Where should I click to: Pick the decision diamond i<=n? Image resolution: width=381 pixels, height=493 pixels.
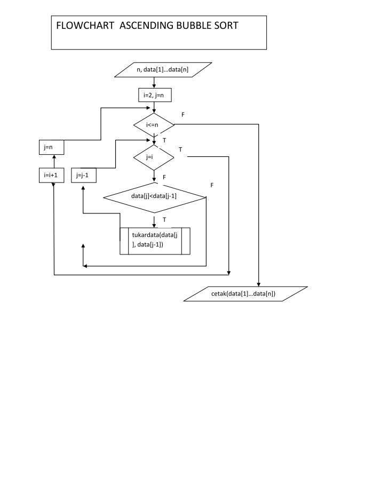click(x=154, y=125)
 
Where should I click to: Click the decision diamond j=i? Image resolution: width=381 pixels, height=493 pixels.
click(x=154, y=157)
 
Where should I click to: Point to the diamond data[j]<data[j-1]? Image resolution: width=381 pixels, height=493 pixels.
click(x=154, y=196)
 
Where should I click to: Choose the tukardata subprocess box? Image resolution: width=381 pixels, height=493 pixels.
click(x=155, y=241)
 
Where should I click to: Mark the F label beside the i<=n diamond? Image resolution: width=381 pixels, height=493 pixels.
click(x=183, y=115)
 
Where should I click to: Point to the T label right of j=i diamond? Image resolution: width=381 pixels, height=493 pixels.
click(x=180, y=150)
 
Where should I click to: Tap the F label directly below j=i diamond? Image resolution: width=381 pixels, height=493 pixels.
click(x=164, y=177)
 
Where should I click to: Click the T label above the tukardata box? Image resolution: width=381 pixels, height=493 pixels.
click(x=164, y=219)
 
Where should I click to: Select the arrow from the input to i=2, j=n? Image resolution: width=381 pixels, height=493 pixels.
click(x=154, y=82)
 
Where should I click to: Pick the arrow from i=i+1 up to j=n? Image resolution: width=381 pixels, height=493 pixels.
click(x=53, y=162)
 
